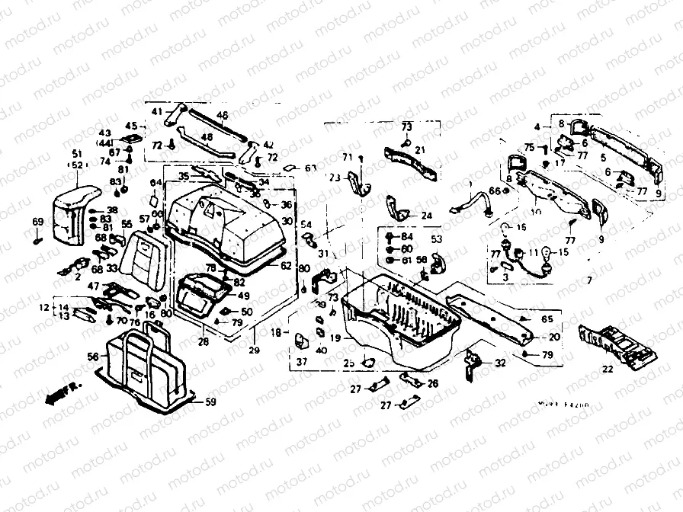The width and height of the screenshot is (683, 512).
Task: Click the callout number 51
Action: click(77, 153)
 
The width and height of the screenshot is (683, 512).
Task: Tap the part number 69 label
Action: click(37, 221)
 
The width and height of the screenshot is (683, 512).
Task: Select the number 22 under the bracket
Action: click(607, 370)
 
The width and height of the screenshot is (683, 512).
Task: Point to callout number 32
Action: click(499, 363)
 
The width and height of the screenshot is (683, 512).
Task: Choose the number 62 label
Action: click(285, 266)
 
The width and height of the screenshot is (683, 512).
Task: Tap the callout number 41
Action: click(157, 112)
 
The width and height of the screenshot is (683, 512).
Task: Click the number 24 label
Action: click(425, 216)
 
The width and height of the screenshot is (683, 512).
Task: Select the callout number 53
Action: click(437, 239)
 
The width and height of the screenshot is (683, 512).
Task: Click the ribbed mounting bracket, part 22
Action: click(617, 344)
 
